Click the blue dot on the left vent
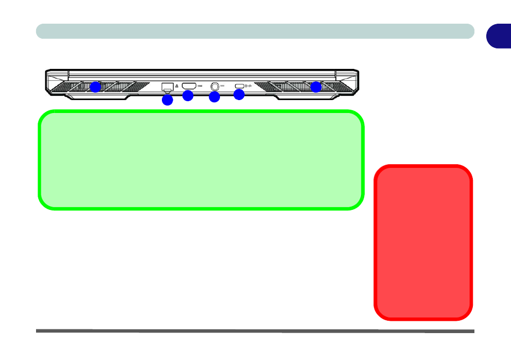pos(95,87)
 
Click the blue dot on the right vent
pos(316,87)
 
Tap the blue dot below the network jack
pos(167,100)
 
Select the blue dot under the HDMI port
pos(188,96)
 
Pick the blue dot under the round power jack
pos(215,97)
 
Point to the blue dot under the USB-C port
pos(239,95)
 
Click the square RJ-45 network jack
pos(167,86)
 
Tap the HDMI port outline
pos(189,86)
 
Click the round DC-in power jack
pos(216,86)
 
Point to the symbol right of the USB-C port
pos(249,86)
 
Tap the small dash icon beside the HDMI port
pos(200,86)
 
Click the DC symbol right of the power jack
pos(225,86)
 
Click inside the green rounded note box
pos(201,159)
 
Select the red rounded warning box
pos(423,242)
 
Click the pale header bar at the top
pos(255,31)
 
